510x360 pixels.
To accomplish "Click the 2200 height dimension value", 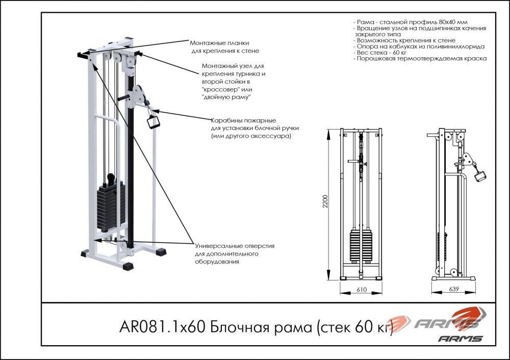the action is coord(325,201).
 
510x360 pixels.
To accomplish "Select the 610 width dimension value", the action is coord(362,290).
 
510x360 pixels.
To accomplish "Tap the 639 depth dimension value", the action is coord(453,289).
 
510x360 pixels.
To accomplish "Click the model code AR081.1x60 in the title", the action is coord(162,327).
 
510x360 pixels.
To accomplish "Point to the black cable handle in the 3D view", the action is coord(152,122).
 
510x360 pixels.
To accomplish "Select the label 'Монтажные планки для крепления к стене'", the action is coord(224,47).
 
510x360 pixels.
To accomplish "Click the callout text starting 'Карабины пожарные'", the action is coord(254,128).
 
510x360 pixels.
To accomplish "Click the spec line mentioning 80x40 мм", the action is coord(410,22).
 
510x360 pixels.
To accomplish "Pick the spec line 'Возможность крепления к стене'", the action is coord(404,40).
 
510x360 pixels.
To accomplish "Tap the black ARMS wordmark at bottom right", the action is coord(460,339).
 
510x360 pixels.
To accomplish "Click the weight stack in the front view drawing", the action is coord(361,246).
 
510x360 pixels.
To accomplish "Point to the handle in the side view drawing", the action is coord(480,175).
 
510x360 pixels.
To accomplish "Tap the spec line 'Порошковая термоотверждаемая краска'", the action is coord(420,59).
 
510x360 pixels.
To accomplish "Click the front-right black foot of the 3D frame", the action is coord(128,266).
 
